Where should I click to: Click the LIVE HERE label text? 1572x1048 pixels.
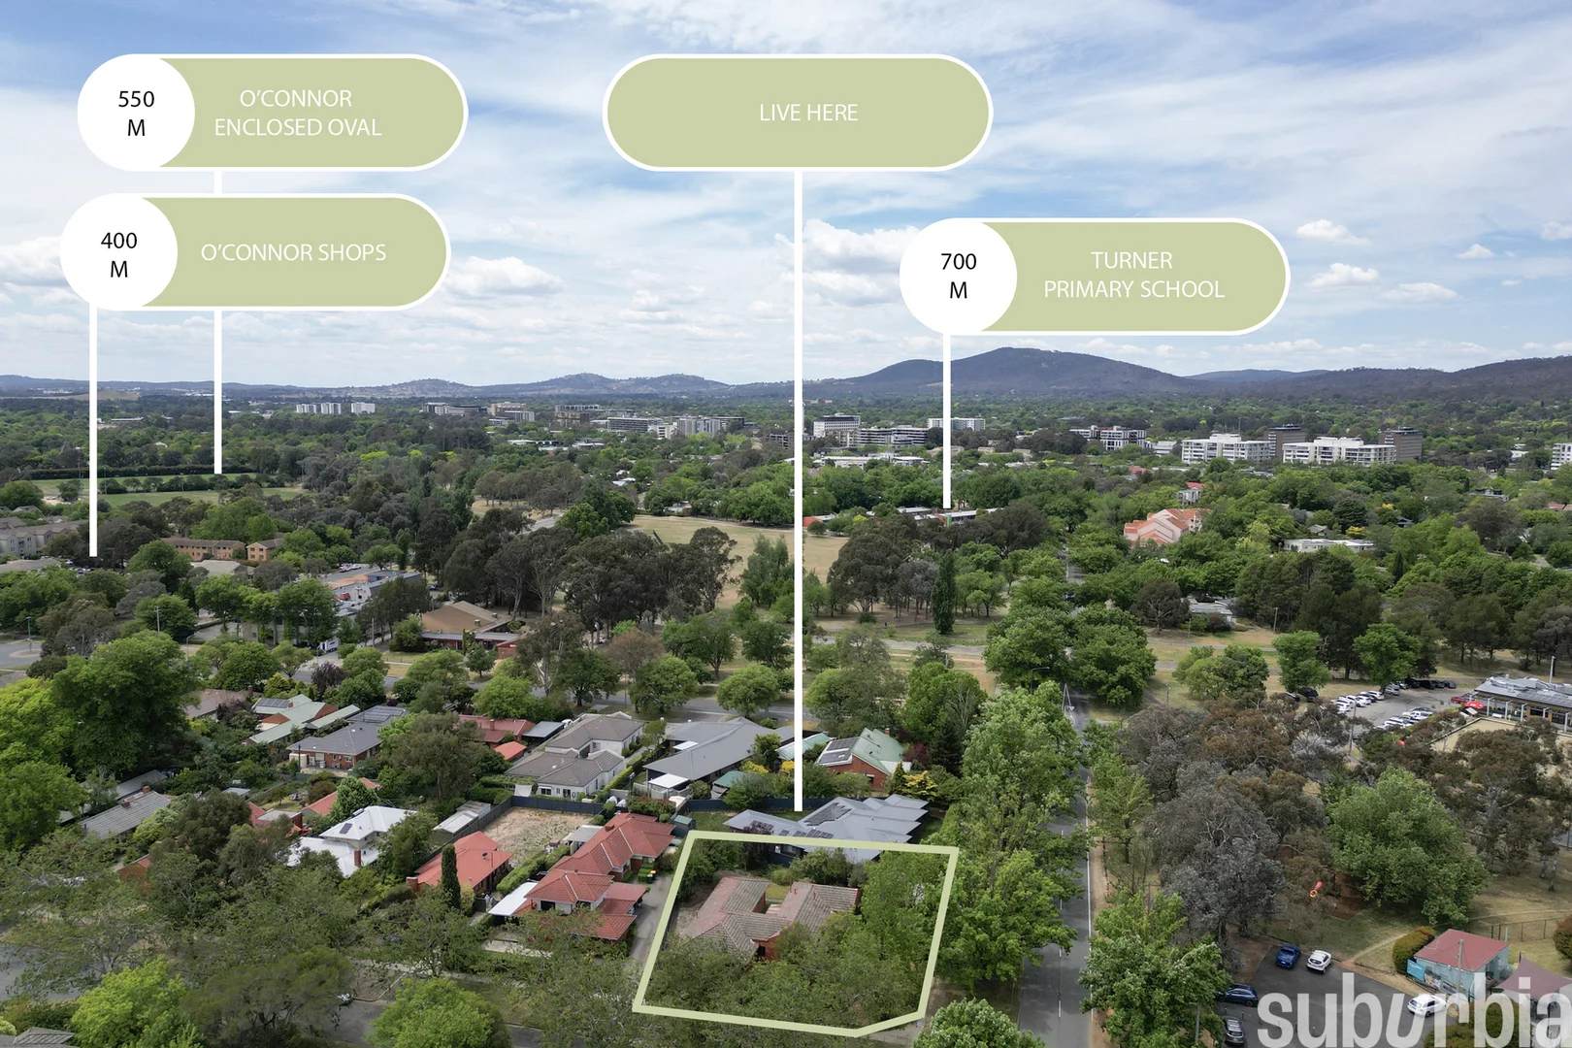coord(808,113)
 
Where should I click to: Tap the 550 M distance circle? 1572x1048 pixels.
coord(136,113)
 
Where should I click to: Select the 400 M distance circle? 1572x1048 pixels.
coord(118,253)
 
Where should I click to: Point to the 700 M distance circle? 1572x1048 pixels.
coord(958,276)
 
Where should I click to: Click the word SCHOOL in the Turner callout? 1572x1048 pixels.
coord(1185,289)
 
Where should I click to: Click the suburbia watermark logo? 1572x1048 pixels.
coord(1413,1011)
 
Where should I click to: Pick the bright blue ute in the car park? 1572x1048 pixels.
coord(1288,956)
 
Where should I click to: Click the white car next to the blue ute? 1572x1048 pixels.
coord(1318,961)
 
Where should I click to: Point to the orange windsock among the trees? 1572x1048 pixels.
coord(1317,887)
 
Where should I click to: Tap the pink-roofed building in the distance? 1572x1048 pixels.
coord(1161,526)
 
